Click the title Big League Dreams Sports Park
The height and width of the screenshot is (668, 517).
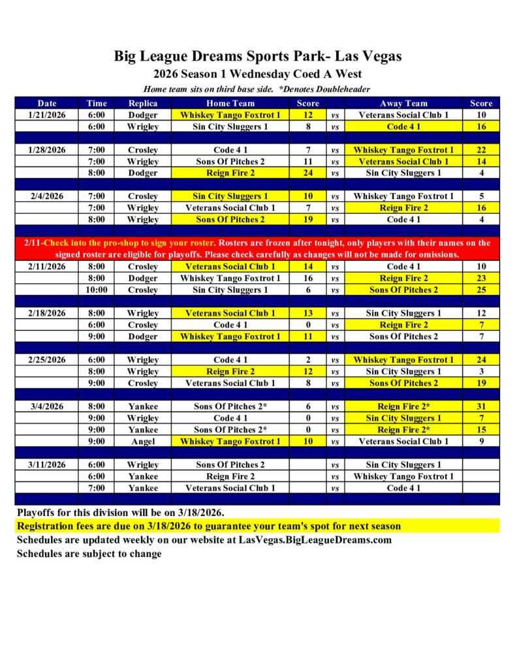tap(258, 56)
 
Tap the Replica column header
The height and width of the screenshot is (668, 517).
tap(143, 103)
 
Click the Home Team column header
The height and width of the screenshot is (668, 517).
tap(230, 103)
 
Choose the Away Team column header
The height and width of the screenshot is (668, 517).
tap(403, 103)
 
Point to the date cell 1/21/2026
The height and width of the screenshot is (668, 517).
tap(47, 115)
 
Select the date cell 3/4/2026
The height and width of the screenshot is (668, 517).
tap(47, 406)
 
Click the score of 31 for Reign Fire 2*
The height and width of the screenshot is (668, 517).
tap(481, 406)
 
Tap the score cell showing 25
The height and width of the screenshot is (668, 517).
tap(481, 290)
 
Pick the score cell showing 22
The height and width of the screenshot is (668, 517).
tap(481, 150)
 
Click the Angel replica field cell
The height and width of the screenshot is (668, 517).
tap(143, 442)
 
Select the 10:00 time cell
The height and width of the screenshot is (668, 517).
tap(96, 290)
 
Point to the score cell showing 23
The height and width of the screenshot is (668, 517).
tap(481, 278)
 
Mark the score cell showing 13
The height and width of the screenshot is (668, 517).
tap(307, 313)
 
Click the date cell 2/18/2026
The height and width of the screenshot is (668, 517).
tap(47, 313)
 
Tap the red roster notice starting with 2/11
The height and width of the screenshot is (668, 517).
tap(258, 249)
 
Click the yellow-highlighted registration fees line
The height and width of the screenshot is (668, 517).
tap(209, 526)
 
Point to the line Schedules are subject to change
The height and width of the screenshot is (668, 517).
tap(89, 554)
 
